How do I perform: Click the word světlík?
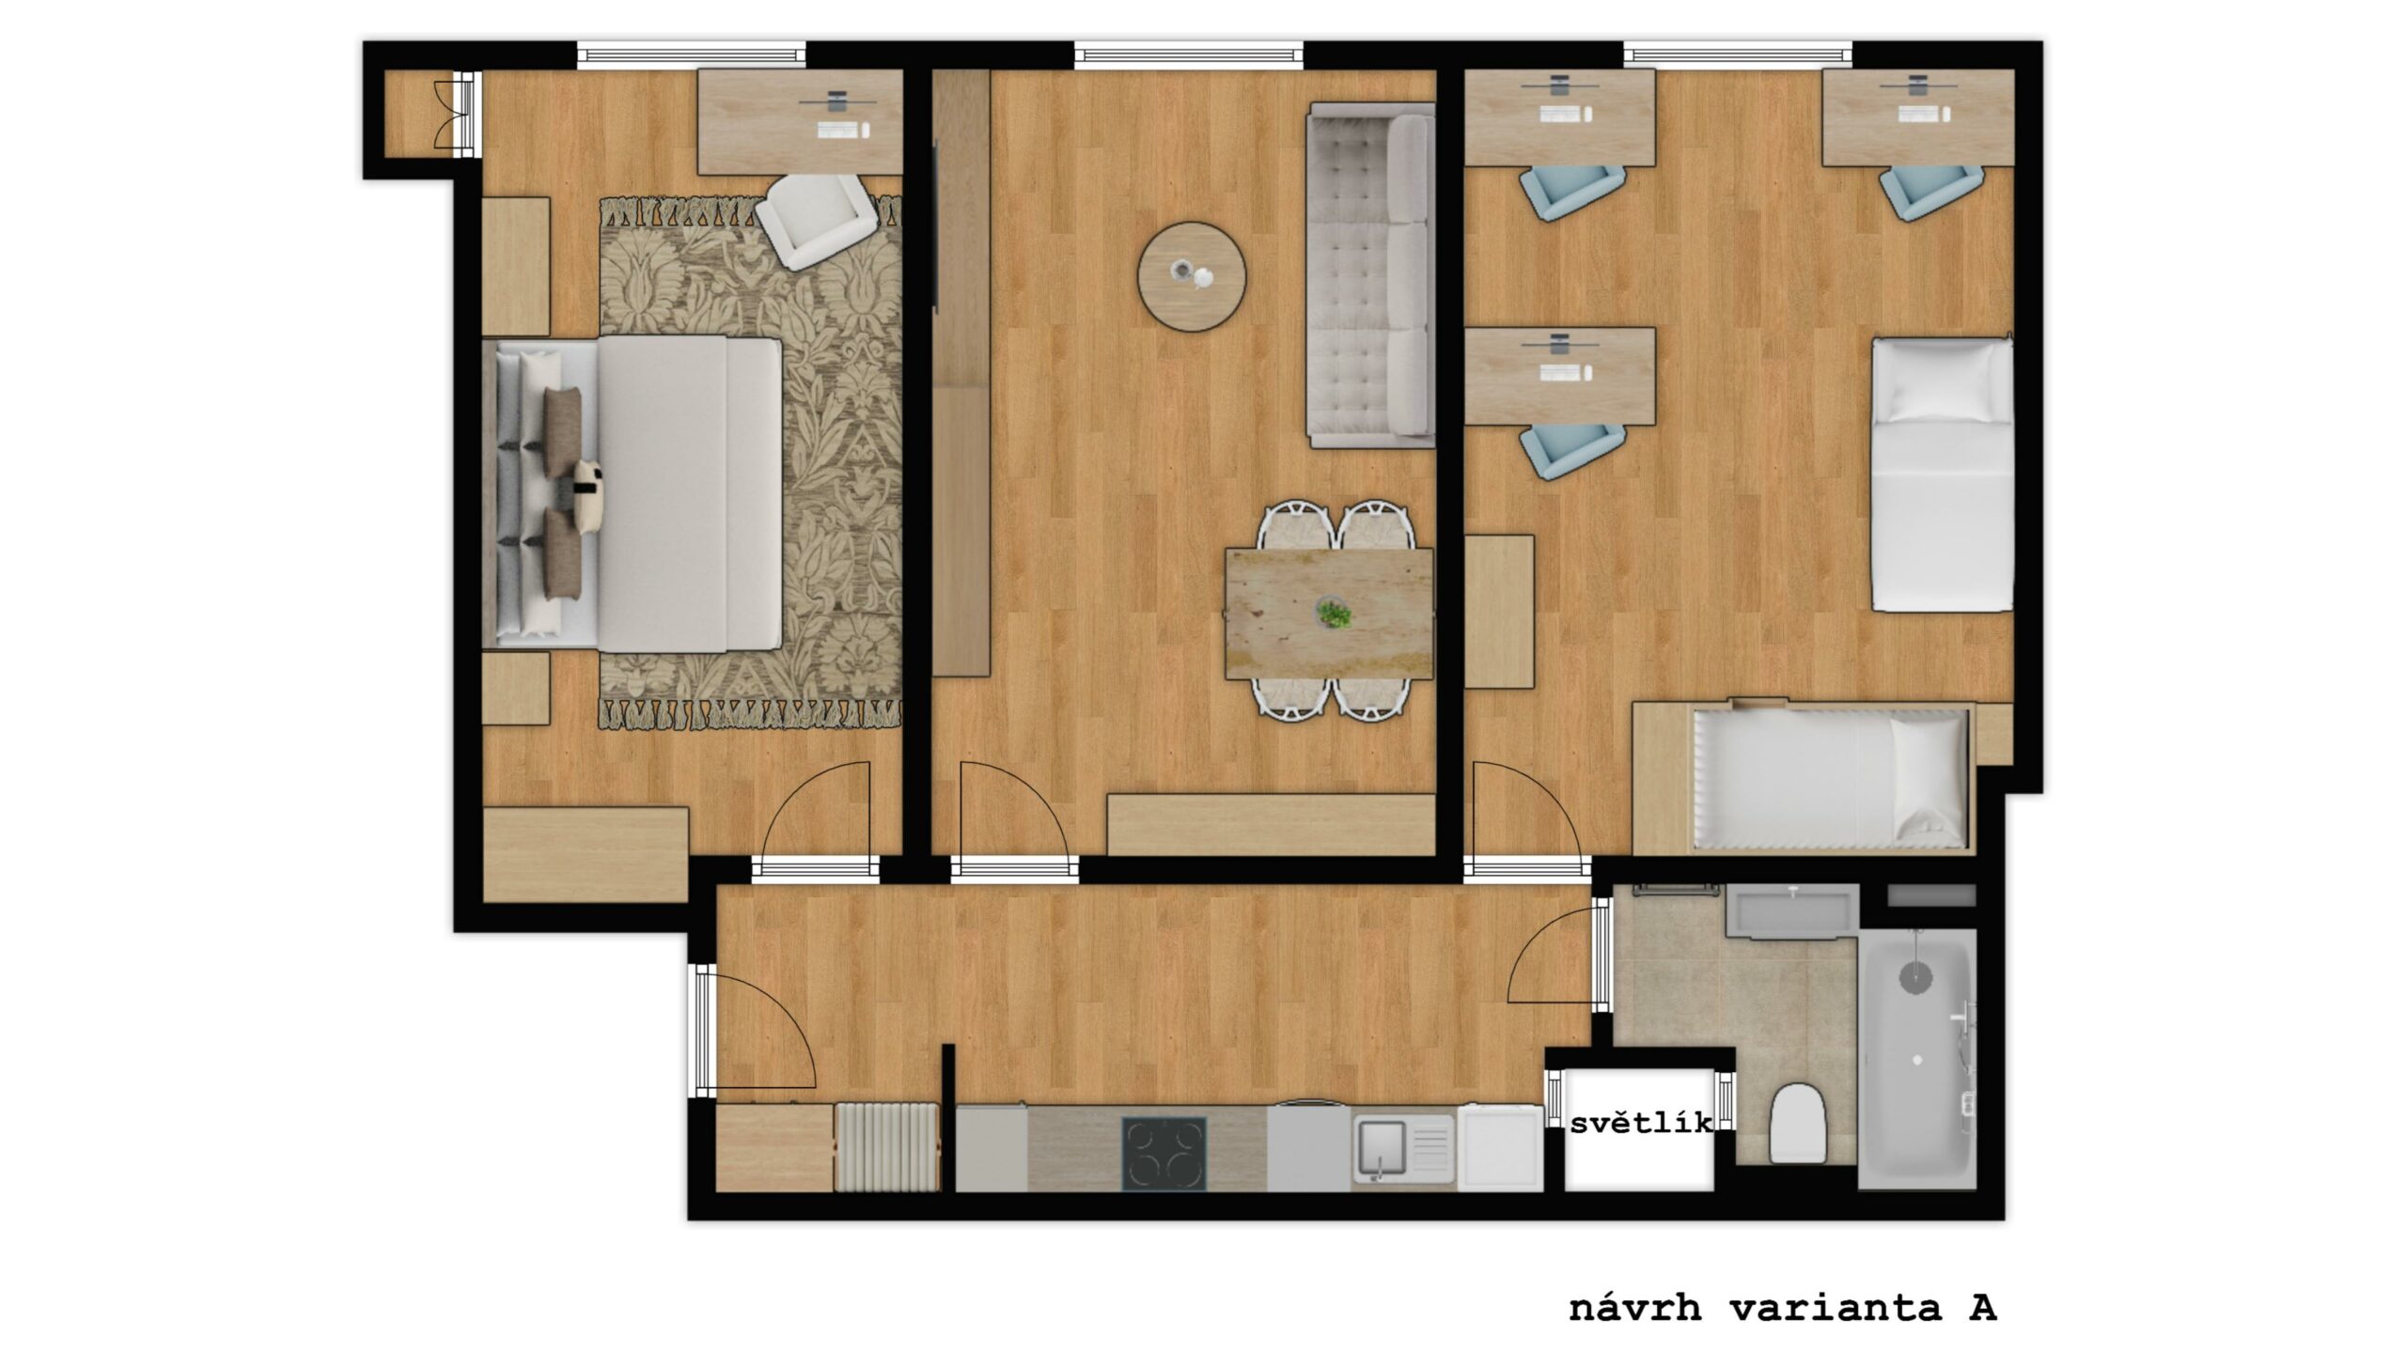[1641, 1123]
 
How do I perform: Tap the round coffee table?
[1192, 276]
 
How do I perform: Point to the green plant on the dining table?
[1333, 614]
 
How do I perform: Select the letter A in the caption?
[1982, 1308]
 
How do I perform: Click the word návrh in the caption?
[1635, 1308]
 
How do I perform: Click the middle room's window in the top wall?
[1189, 54]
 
